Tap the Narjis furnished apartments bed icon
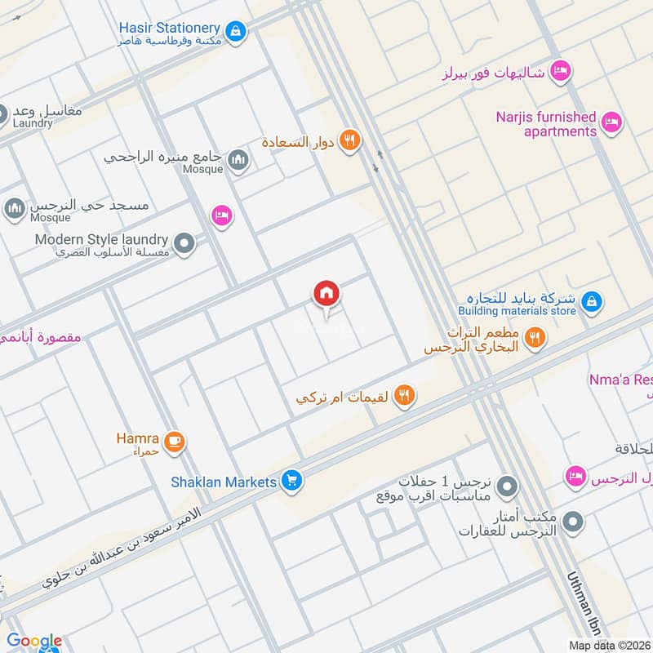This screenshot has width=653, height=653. click(x=611, y=124)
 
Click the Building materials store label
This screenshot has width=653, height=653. click(x=517, y=311)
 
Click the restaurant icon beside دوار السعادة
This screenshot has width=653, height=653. click(x=350, y=141)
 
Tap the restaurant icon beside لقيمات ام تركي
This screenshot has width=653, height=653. click(x=403, y=397)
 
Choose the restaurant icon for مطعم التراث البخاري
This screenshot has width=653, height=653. click(x=535, y=338)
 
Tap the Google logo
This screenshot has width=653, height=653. click(x=34, y=641)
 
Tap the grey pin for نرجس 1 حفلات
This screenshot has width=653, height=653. click(x=508, y=487)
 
